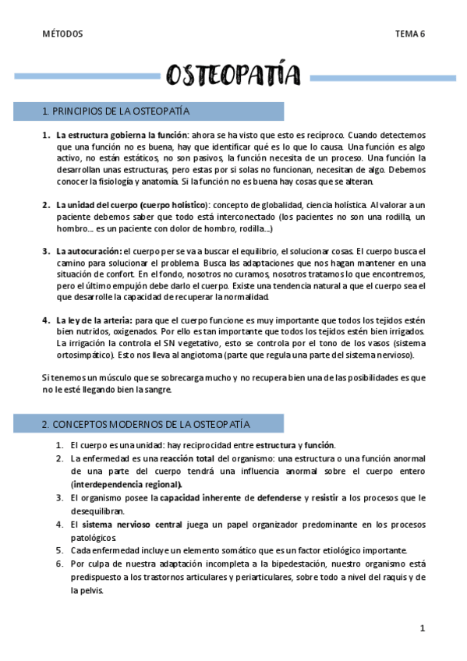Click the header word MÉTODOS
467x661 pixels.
click(62, 34)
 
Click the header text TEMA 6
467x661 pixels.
click(409, 34)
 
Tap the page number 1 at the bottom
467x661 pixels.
click(422, 627)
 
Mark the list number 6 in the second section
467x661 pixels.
click(59, 563)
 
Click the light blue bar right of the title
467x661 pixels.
click(383, 76)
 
